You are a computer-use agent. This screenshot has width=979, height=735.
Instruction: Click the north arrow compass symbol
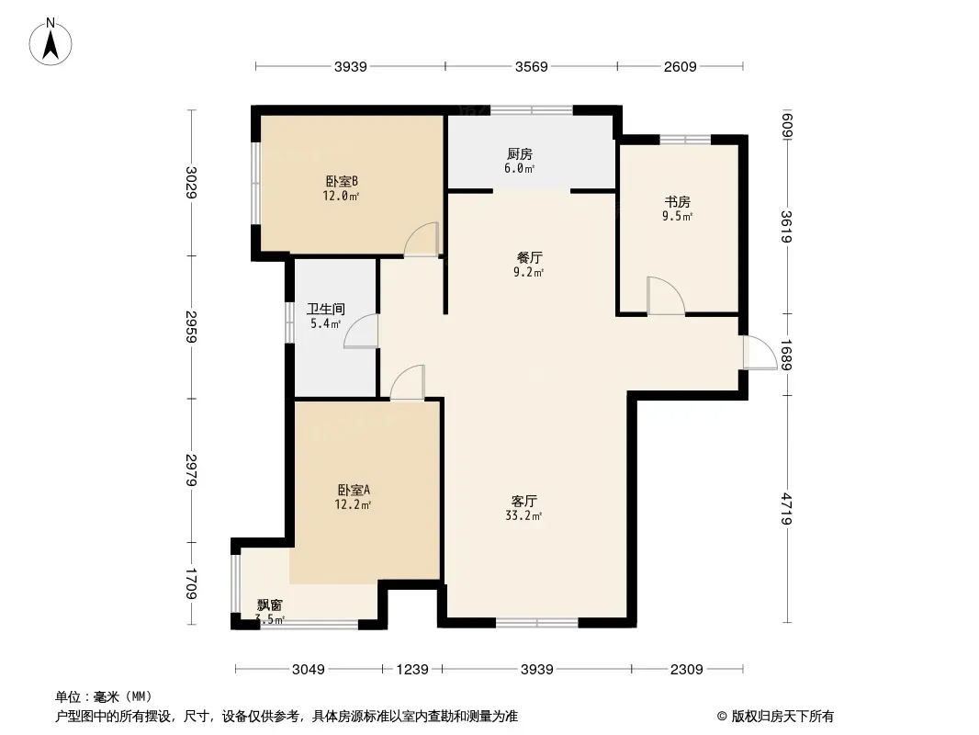pyautogui.click(x=51, y=42)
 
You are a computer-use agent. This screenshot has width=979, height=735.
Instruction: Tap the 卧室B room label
pyautogui.click(x=342, y=181)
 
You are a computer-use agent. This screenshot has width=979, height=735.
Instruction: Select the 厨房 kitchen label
pyautogui.click(x=520, y=153)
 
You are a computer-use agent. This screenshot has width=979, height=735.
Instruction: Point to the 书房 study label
pyautogui.click(x=678, y=202)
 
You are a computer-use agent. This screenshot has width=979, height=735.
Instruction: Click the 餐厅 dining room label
pyautogui.click(x=530, y=257)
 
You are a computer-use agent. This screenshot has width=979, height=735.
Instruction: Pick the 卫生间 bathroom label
pyautogui.click(x=326, y=309)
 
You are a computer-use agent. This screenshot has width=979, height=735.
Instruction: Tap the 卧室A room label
pyautogui.click(x=354, y=490)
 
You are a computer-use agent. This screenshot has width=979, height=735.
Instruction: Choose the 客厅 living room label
pyautogui.click(x=523, y=501)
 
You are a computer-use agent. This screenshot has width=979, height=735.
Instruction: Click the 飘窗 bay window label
pyautogui.click(x=270, y=605)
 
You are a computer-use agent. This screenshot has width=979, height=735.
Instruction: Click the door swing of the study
pyautogui.click(x=666, y=295)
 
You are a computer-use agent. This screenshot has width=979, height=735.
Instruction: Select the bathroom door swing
pyautogui.click(x=362, y=331)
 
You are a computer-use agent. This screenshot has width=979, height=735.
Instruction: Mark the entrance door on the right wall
pyautogui.click(x=760, y=353)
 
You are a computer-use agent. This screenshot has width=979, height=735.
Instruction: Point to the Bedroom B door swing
pyautogui.click(x=422, y=239)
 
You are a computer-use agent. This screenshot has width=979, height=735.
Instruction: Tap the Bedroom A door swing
pyautogui.click(x=408, y=382)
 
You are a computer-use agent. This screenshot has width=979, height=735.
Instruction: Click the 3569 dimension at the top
pyautogui.click(x=532, y=66)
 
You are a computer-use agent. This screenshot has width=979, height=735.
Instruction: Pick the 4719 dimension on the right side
pyautogui.click(x=787, y=508)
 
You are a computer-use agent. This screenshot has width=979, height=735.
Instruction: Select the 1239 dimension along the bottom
pyautogui.click(x=412, y=670)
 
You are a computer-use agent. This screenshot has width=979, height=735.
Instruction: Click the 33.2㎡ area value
pyautogui.click(x=523, y=515)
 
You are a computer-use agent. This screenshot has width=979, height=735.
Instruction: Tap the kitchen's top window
pyautogui.click(x=532, y=110)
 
